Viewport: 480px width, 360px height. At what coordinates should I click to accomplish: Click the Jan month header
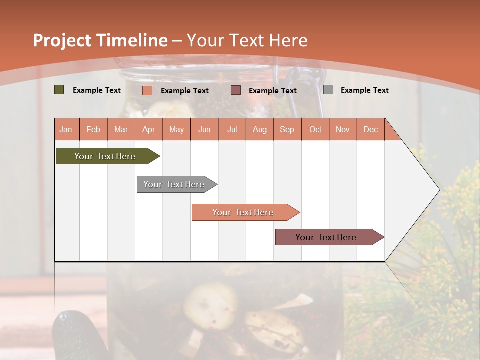coord(66,129)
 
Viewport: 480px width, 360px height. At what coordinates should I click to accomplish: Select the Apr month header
coord(148,129)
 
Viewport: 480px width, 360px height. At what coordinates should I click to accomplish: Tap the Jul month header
coord(232,129)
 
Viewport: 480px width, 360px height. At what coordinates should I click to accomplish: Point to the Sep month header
coord(287,129)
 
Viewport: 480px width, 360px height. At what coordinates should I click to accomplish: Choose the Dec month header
coord(370,129)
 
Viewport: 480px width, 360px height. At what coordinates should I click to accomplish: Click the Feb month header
coord(93,129)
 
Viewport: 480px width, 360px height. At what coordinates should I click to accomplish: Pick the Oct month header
coord(315,129)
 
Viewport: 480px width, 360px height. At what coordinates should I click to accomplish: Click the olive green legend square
coord(59,90)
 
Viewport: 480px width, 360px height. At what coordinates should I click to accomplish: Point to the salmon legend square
coord(147,90)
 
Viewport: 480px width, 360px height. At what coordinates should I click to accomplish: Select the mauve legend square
coord(236,90)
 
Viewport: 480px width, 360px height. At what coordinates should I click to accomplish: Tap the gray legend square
coord(328,90)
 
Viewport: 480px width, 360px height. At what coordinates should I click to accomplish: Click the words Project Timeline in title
coord(100,40)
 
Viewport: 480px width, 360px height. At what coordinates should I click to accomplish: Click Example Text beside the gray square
coord(364,90)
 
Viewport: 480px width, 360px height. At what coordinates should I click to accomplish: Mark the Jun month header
coord(204,129)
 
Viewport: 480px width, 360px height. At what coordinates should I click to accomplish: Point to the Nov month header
coord(343,129)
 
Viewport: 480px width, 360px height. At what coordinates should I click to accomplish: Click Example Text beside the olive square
coord(97,90)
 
